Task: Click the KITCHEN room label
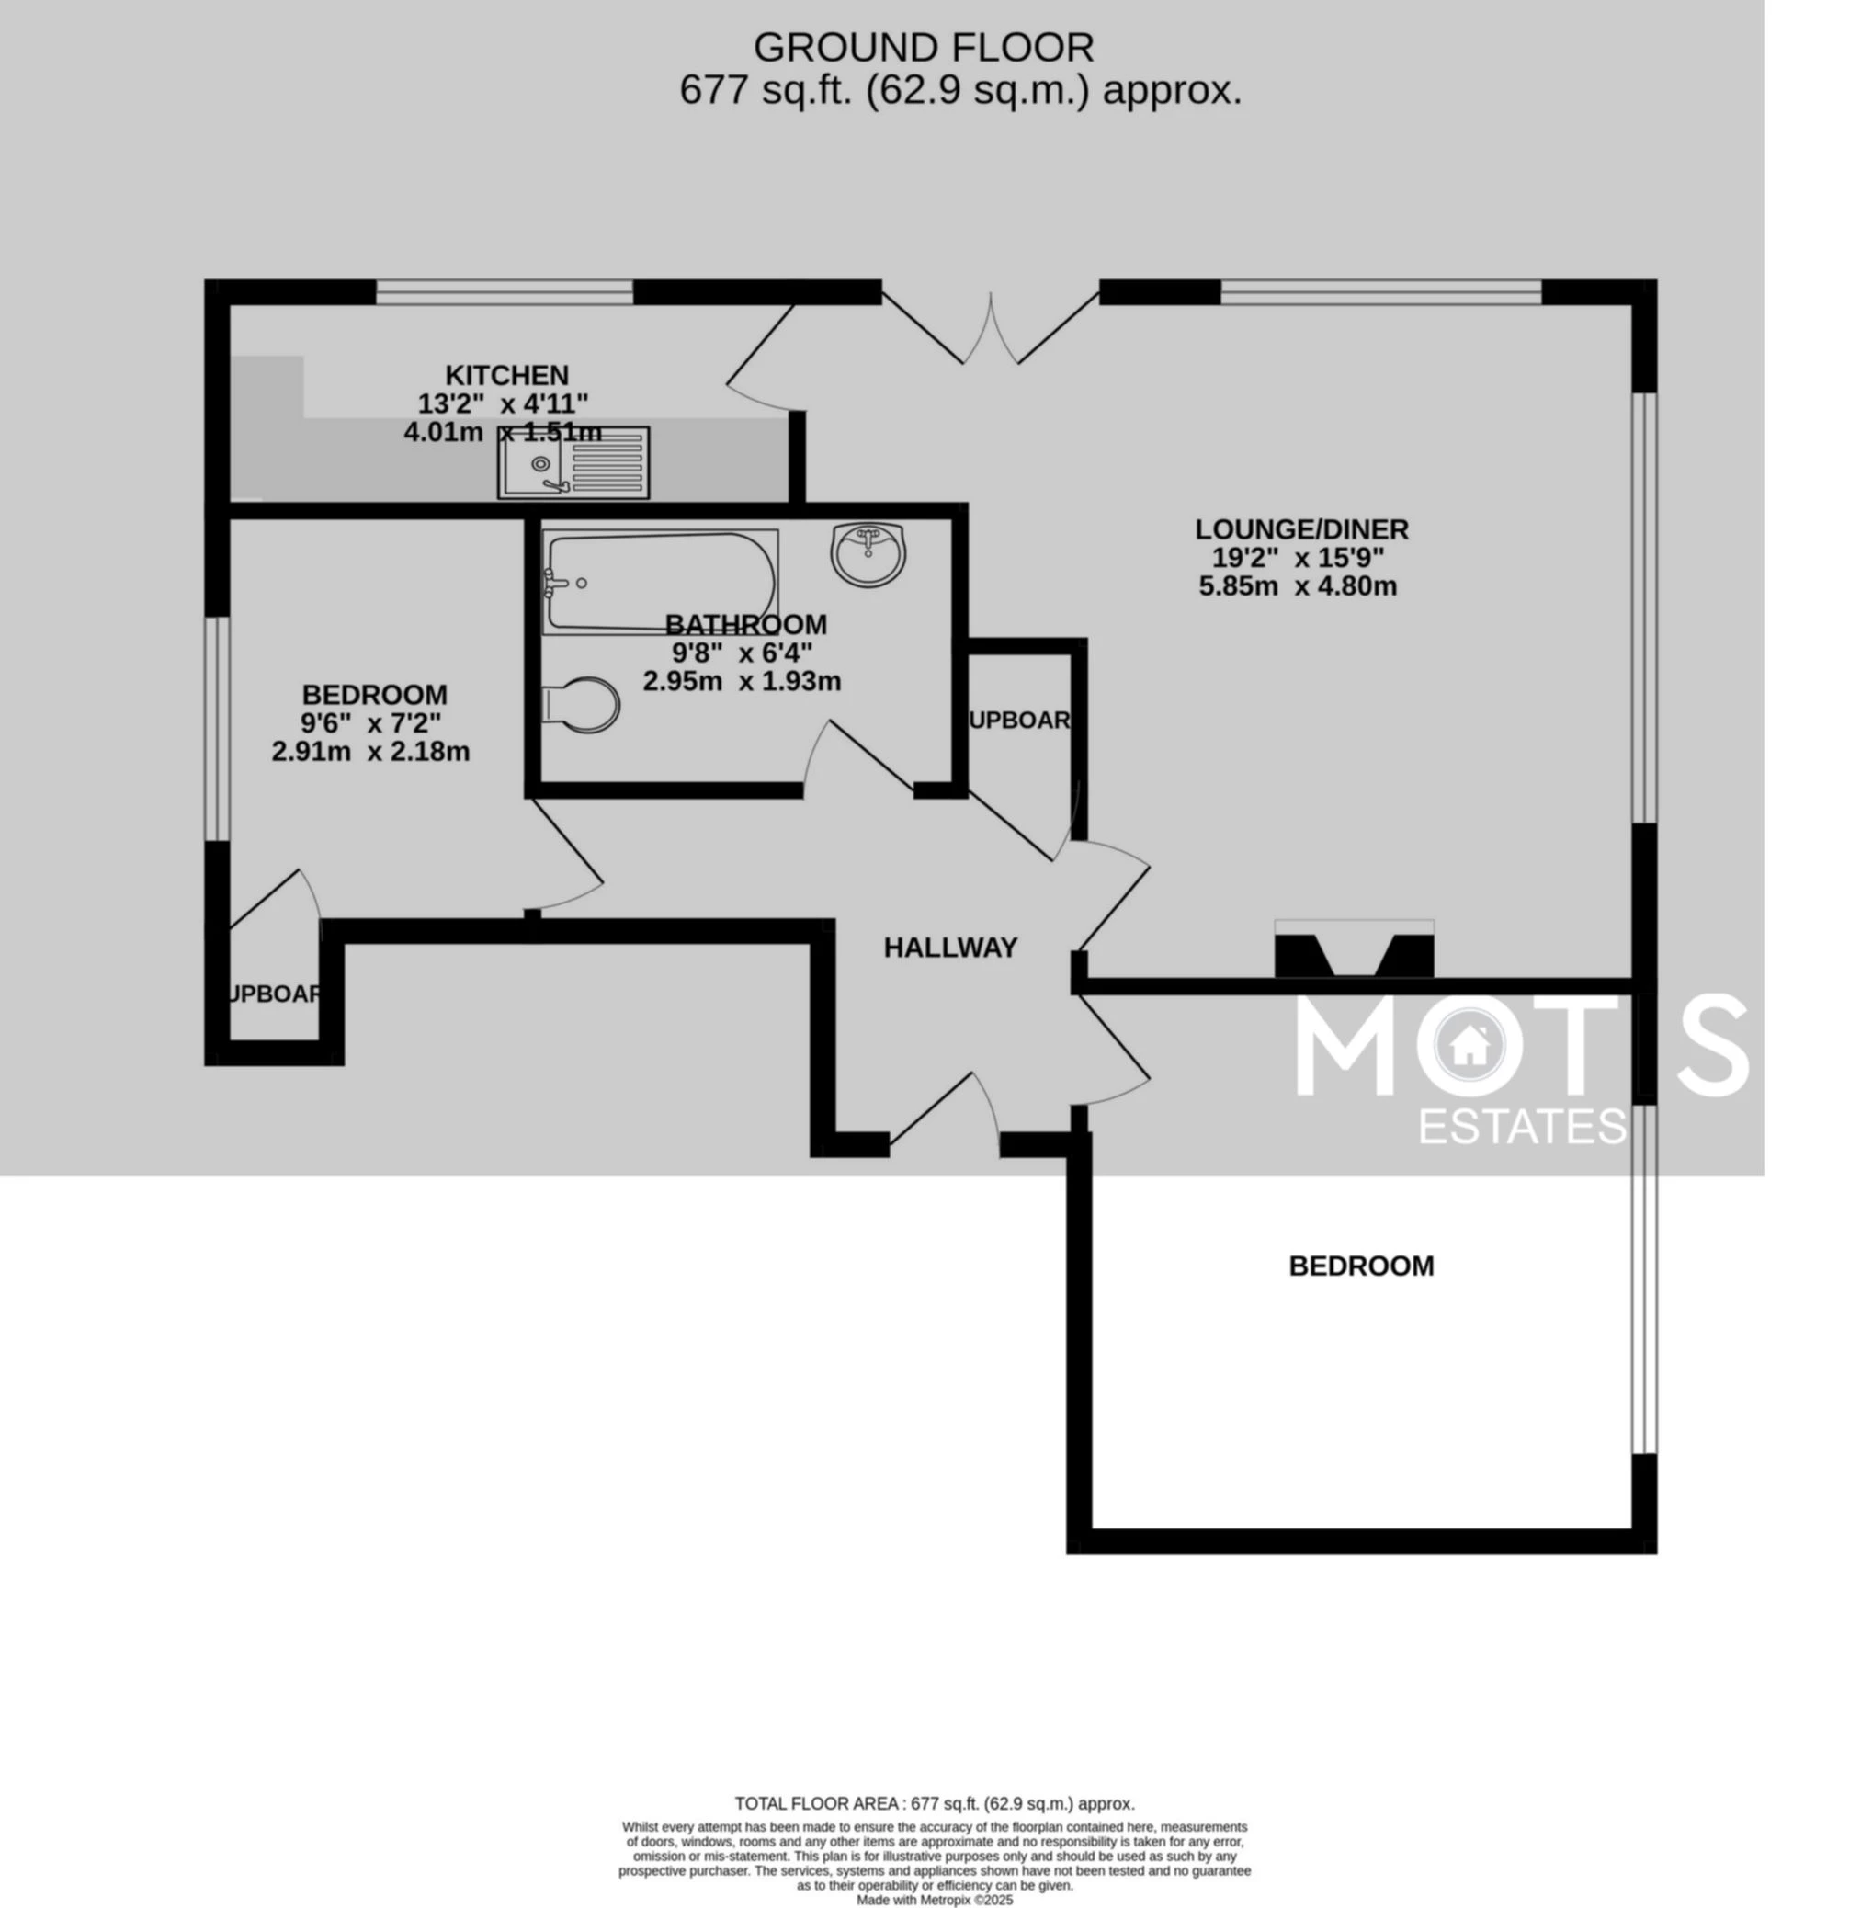506,375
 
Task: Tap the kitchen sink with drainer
573,461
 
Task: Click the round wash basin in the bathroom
868,553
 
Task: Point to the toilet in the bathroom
582,703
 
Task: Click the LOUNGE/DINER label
1301,528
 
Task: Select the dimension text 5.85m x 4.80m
1297,586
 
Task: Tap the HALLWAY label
950,948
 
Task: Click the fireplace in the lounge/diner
1354,950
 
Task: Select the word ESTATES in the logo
1522,1126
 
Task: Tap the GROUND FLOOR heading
923,47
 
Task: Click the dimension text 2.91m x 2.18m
370,752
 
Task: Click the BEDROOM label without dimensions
1360,1266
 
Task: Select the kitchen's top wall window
505,291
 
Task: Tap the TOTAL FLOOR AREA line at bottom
935,1803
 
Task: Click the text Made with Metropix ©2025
935,1900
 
